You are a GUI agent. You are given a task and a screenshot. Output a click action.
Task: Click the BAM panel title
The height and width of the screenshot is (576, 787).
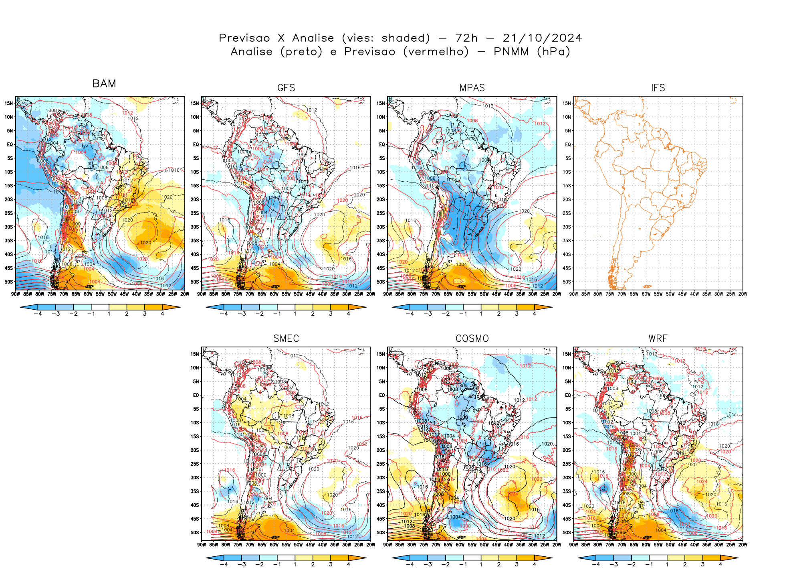point(104,83)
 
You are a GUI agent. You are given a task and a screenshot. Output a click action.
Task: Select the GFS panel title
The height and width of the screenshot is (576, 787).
point(286,88)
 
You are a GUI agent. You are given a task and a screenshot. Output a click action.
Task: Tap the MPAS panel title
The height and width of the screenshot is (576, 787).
point(472,88)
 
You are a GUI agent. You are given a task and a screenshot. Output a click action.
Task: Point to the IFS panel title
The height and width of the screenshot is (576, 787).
point(658,88)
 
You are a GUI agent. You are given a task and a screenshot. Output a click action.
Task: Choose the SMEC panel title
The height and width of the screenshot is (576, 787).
point(286,339)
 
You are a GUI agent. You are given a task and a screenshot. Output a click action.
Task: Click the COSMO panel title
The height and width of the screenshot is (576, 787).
point(472,339)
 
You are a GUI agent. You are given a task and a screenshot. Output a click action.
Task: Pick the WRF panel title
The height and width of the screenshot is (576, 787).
point(658,339)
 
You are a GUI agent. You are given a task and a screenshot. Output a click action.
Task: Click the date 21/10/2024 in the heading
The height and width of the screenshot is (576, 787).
point(542,38)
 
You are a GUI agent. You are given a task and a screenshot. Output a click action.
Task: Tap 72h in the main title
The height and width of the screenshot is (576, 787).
point(466,38)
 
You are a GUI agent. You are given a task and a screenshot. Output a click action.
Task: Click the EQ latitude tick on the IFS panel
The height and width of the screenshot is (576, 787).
point(567,144)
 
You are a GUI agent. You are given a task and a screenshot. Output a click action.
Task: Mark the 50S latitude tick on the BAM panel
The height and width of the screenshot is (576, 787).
point(9,282)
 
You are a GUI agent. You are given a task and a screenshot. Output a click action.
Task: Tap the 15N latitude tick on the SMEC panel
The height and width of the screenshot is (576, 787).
point(195,354)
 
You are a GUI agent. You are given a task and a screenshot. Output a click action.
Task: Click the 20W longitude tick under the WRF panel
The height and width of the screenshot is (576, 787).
point(743,545)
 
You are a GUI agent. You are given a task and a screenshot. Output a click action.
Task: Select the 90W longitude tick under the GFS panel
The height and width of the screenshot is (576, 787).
point(202,294)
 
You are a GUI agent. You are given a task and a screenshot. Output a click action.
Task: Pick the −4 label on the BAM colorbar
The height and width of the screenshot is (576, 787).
point(38,314)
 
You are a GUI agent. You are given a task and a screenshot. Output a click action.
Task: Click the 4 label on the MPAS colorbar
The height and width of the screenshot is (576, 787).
point(535,314)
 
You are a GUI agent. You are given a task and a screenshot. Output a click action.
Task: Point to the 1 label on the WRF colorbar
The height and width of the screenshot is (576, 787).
point(667,564)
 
